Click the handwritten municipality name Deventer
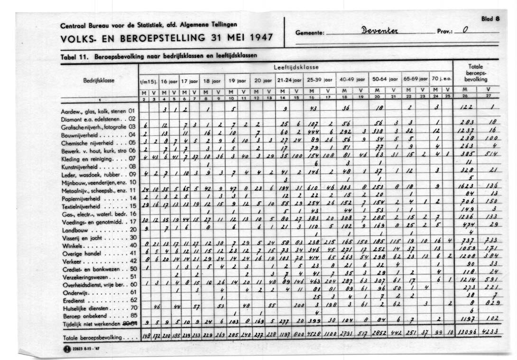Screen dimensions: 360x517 (x=379, y=31)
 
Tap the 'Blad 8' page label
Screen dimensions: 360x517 (x=490, y=19)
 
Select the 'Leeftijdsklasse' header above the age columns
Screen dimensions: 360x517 (x=296, y=67)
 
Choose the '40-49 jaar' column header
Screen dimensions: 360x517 (x=351, y=80)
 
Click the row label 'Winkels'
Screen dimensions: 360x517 (x=72, y=245)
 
